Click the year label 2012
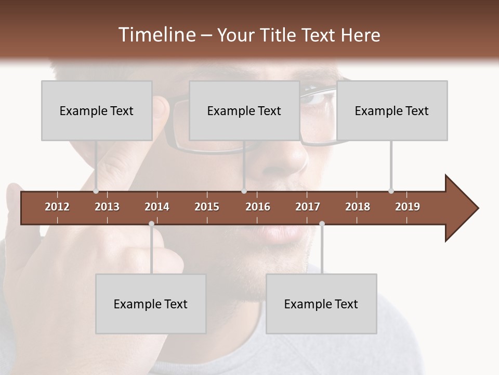[x=57, y=207]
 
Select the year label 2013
[x=107, y=207]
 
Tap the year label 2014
[x=157, y=207]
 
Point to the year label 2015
[x=207, y=207]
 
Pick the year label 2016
[x=258, y=207]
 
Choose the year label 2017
[x=308, y=207]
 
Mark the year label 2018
[x=358, y=207]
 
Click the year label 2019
[x=408, y=207]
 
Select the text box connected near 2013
[x=97, y=110]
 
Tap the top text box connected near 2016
[x=244, y=110]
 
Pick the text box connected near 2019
[x=392, y=110]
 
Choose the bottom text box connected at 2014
[x=151, y=304]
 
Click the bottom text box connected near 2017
[x=321, y=304]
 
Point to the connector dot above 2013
[x=96, y=191]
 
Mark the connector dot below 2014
[x=151, y=224]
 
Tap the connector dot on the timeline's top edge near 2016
[x=244, y=191]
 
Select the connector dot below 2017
[x=322, y=224]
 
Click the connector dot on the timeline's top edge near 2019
[x=391, y=191]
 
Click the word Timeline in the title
[x=156, y=35]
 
